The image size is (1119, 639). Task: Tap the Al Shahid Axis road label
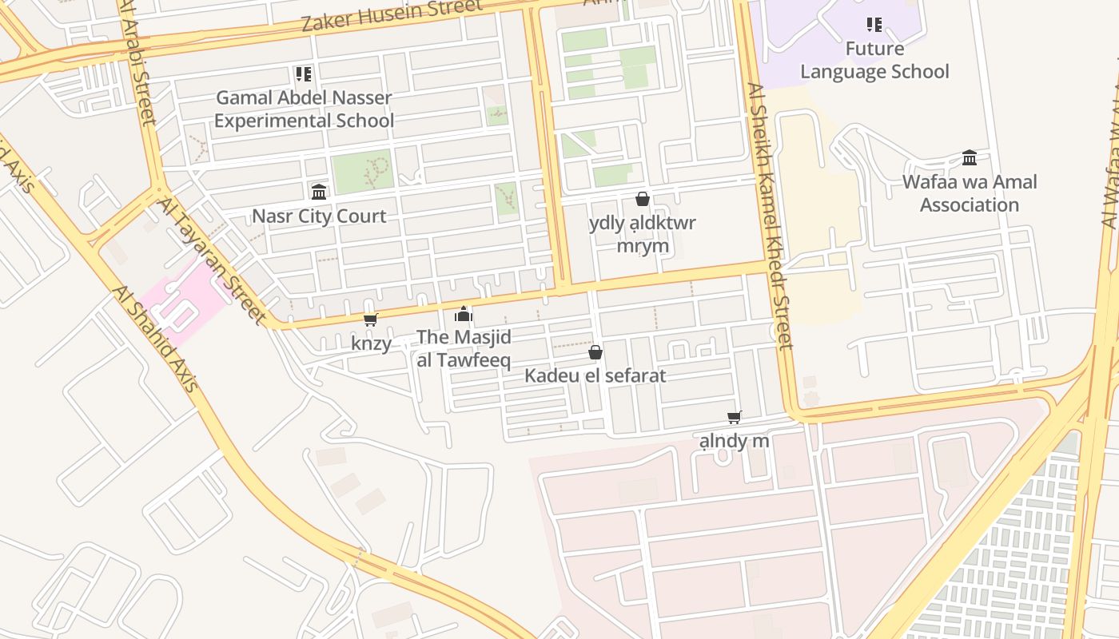pos(155,339)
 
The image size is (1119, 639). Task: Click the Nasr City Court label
pos(319,216)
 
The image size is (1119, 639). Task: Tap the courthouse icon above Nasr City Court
pos(319,192)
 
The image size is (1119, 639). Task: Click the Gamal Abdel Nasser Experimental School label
pos(304,109)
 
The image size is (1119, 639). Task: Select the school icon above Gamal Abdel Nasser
pos(303,74)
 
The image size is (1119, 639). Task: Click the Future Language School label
pos(874,61)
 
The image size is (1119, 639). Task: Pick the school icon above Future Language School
pos(874,25)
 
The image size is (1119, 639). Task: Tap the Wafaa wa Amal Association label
pos(970,193)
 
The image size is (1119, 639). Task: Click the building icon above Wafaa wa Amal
pos(970,157)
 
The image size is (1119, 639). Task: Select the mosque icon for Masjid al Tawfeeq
pos(464,314)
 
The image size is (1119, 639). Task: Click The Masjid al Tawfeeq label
pos(464,348)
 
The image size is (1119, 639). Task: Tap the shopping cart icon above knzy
pos(370,319)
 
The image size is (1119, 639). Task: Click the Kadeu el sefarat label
pos(595,375)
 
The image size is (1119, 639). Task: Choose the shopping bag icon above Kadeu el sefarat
pos(595,352)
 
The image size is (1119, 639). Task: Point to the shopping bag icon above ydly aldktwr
pos(643,199)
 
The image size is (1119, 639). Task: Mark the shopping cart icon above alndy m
pos(735,417)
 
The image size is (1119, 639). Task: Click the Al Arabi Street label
pos(137,64)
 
